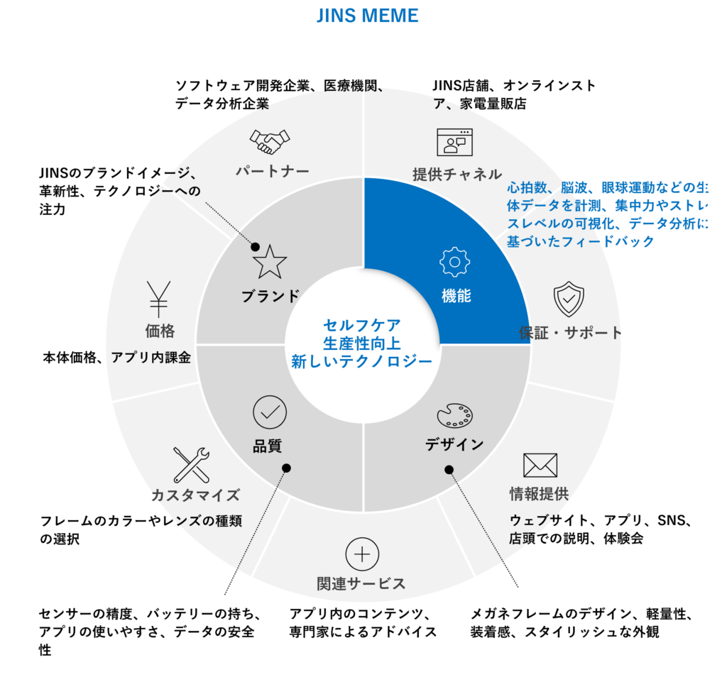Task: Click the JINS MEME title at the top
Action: click(367, 16)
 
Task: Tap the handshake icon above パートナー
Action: click(270, 141)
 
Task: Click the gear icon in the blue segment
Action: click(455, 262)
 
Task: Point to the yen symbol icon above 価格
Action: click(158, 298)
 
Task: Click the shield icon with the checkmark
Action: click(569, 299)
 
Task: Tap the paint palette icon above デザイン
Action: click(454, 415)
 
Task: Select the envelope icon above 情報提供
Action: click(540, 465)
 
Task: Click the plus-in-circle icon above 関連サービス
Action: click(362, 554)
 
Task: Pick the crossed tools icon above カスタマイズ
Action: click(191, 465)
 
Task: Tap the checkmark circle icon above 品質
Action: click(270, 412)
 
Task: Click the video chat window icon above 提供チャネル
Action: click(454, 142)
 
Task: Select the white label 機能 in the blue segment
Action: click(456, 297)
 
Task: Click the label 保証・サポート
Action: click(570, 332)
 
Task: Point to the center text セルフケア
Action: click(362, 325)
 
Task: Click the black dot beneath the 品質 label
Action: click(286, 468)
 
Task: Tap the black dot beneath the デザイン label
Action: click(449, 469)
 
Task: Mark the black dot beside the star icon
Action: click(255, 248)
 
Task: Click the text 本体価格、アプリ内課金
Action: click(117, 358)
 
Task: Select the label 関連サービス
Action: click(361, 583)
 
